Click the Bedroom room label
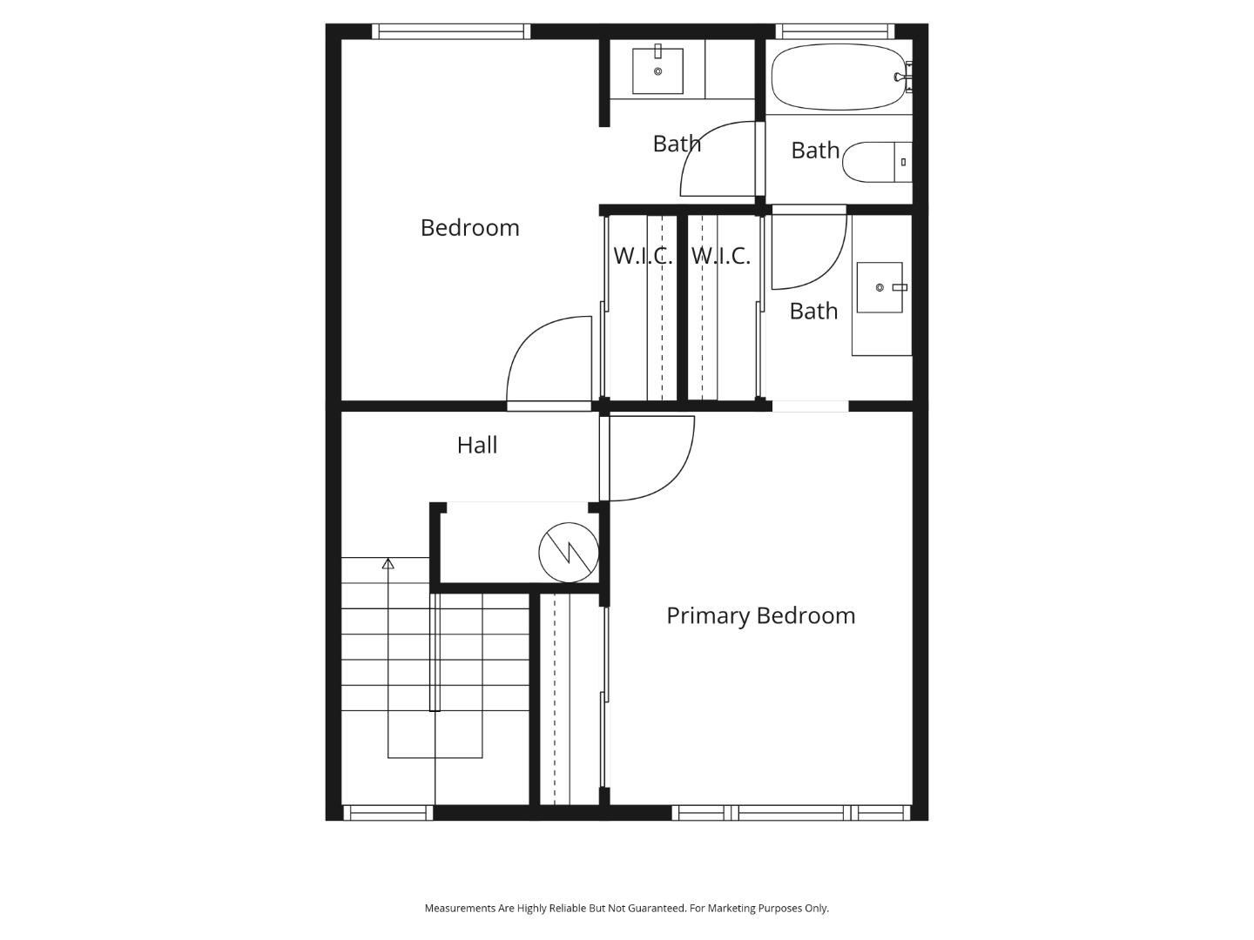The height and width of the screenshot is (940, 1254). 469,228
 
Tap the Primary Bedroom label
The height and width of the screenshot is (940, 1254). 760,616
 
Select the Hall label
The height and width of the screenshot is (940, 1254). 477,446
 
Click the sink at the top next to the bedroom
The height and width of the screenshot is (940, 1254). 657,70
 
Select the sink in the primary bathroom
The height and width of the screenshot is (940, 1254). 880,287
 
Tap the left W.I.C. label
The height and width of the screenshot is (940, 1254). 643,256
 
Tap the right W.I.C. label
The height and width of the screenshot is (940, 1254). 720,256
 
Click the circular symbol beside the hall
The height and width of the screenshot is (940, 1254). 569,552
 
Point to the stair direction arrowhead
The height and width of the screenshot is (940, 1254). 388,564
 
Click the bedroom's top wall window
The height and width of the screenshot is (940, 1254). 451,32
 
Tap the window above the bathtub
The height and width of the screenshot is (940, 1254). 834,32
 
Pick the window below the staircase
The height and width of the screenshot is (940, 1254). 388,813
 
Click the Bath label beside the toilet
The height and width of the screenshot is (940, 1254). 815,151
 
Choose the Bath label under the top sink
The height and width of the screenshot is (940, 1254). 677,144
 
